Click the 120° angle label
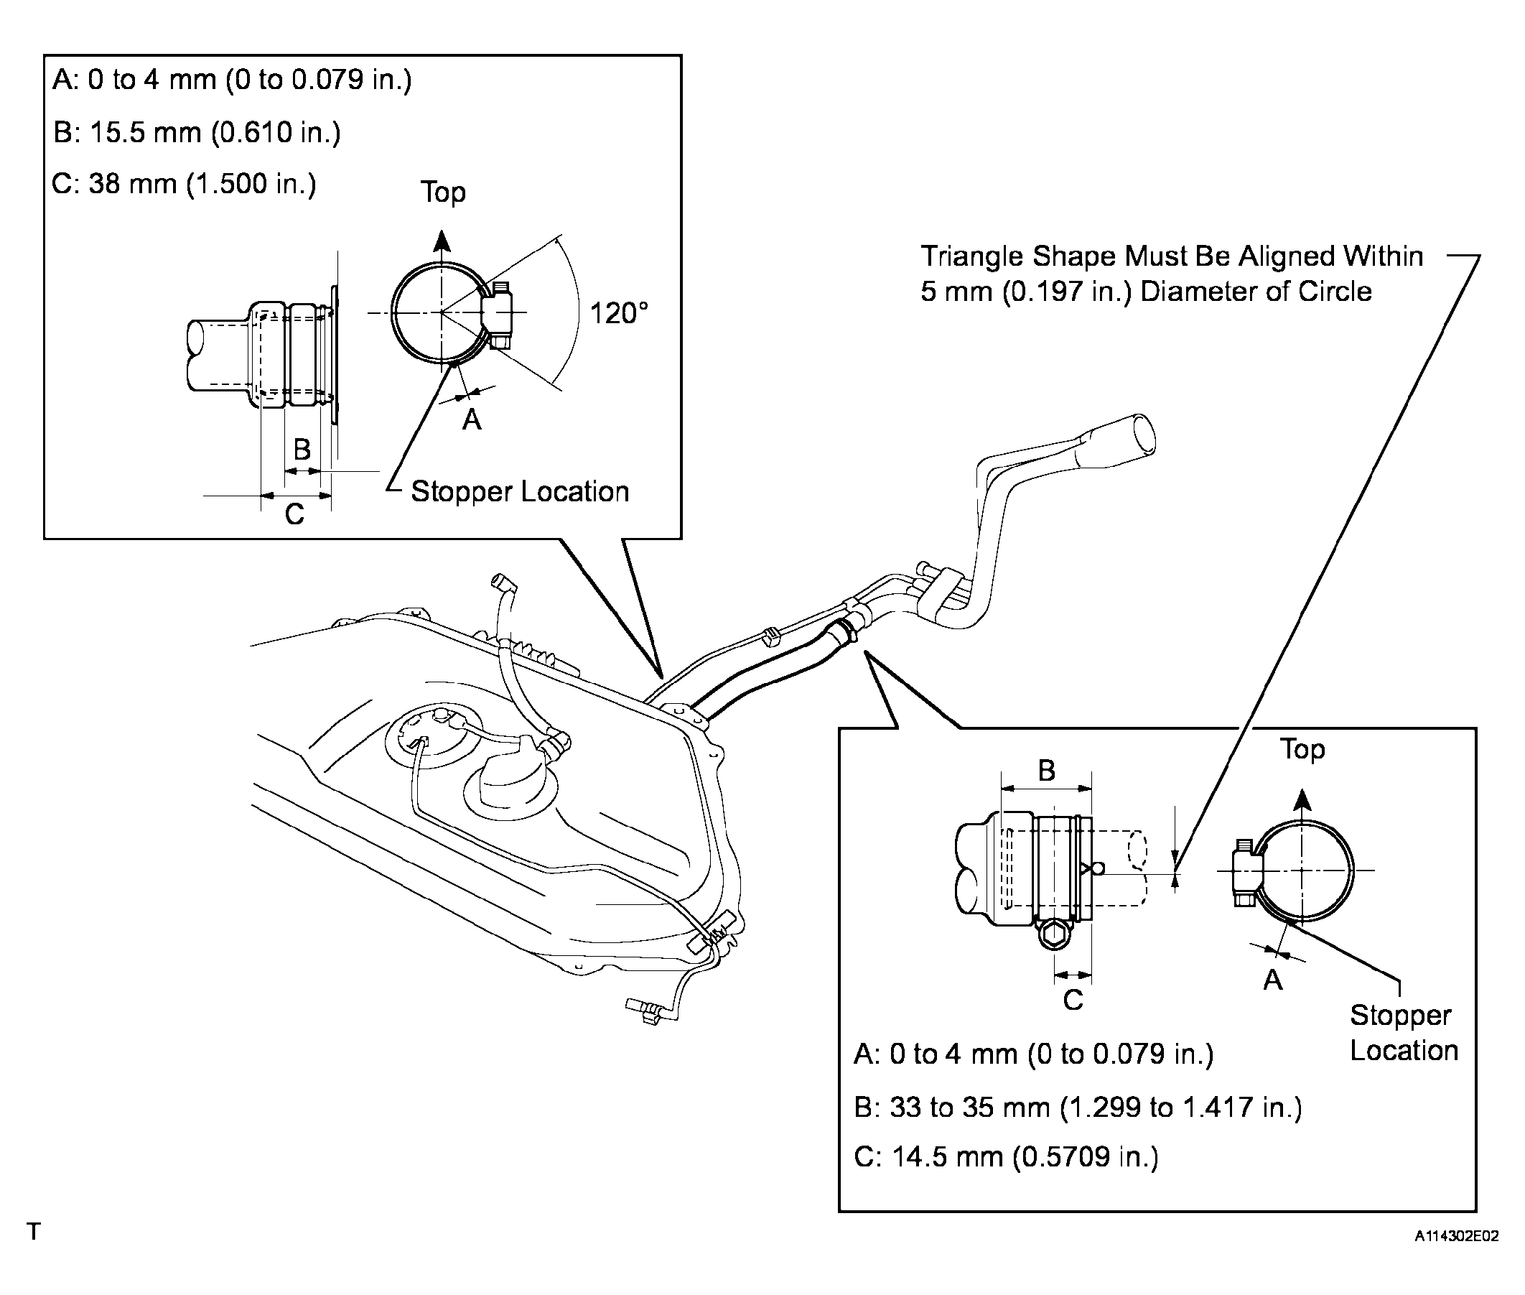[619, 313]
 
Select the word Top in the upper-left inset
[442, 192]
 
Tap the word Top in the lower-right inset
[1302, 750]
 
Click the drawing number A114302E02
[1457, 1236]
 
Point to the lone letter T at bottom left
[33, 1231]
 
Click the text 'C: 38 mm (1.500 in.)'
[184, 184]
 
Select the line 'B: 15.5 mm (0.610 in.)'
[197, 133]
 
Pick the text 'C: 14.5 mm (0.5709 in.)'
[1006, 1157]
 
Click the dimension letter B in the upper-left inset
[302, 450]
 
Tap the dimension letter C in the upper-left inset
[294, 514]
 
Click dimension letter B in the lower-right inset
[1047, 771]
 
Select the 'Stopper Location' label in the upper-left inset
[520, 492]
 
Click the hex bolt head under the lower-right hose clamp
[1055, 934]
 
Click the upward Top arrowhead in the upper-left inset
[441, 241]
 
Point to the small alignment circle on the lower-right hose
[1098, 869]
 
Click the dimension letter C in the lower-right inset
[1073, 999]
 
